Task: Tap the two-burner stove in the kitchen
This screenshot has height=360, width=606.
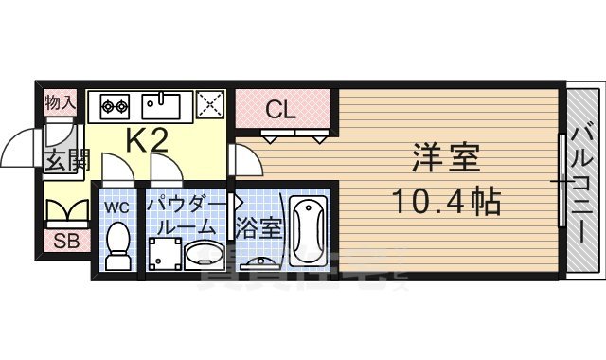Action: [x=113, y=103]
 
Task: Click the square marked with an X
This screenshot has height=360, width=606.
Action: [x=209, y=104]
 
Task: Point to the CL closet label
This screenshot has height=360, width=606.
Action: [x=281, y=109]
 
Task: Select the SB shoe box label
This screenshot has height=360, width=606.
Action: [x=64, y=241]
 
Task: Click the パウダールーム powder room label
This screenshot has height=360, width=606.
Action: [x=186, y=216]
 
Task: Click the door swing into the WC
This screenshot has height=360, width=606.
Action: [x=116, y=172]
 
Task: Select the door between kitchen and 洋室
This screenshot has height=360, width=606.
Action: [x=242, y=161]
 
